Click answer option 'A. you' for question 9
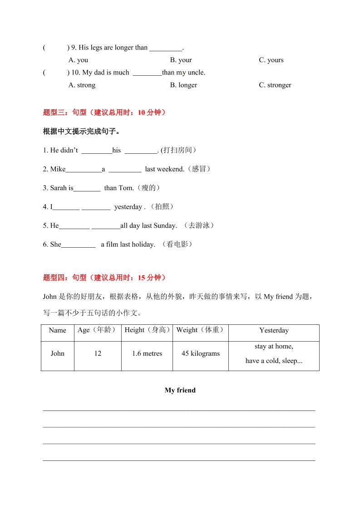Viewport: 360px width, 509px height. point(78,60)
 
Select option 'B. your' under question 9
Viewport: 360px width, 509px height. point(181,60)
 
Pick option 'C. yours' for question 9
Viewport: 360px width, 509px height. point(271,60)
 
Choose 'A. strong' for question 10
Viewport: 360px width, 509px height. point(82,85)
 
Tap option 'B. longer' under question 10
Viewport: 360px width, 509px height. point(183,85)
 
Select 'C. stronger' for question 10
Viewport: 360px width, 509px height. point(275,85)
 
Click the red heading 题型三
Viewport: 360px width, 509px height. point(104,113)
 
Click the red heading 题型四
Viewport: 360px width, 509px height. point(104,278)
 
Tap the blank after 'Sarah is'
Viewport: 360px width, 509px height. point(87,188)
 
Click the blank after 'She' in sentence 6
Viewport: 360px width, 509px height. point(78,245)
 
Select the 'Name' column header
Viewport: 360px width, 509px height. point(57,330)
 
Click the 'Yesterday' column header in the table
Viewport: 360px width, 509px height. point(274,330)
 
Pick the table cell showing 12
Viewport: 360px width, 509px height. point(98,353)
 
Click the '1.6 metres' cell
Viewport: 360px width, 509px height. point(147,353)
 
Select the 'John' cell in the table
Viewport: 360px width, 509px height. point(57,353)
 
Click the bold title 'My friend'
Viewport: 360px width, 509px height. point(180,390)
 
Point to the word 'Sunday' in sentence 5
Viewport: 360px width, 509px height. point(165,226)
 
